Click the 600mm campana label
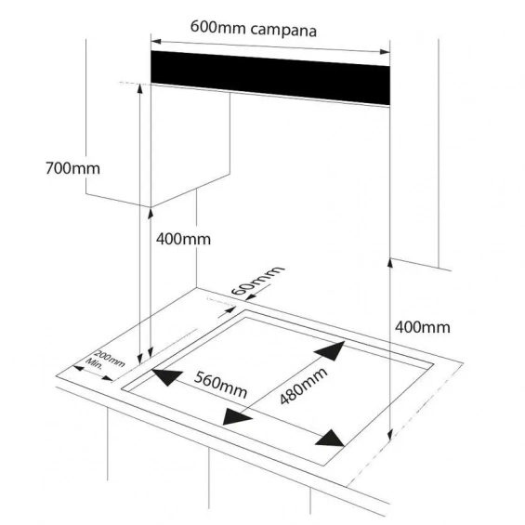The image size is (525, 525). [254, 29]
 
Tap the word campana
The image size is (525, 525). [283, 30]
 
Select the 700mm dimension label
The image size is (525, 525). [72, 168]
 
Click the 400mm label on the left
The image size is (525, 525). [183, 239]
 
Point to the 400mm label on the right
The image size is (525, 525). [423, 327]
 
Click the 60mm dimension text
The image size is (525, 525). [257, 281]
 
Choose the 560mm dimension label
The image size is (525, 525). [220, 385]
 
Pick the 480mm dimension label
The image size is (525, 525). [303, 386]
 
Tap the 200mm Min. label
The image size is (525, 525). [105, 360]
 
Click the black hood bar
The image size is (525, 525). [270, 78]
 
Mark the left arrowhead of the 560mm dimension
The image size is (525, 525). [166, 376]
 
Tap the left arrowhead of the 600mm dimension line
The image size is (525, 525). [156, 42]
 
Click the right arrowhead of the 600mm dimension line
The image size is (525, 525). [385, 51]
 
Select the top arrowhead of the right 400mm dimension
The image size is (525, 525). [389, 263]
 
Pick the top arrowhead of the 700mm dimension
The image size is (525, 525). [139, 89]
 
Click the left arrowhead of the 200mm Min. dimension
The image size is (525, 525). [79, 368]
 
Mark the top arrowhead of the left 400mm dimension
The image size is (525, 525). [151, 214]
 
